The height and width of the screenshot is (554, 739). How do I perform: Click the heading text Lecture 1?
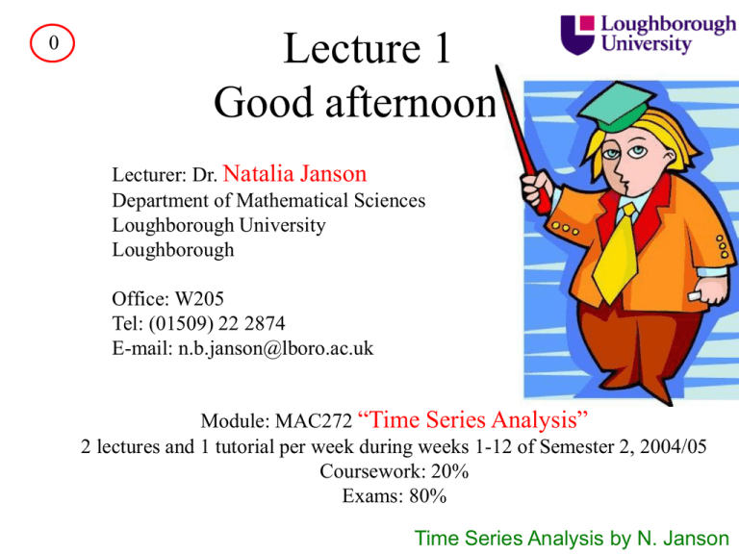(x=366, y=48)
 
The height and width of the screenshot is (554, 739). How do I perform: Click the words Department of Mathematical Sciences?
(x=268, y=202)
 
